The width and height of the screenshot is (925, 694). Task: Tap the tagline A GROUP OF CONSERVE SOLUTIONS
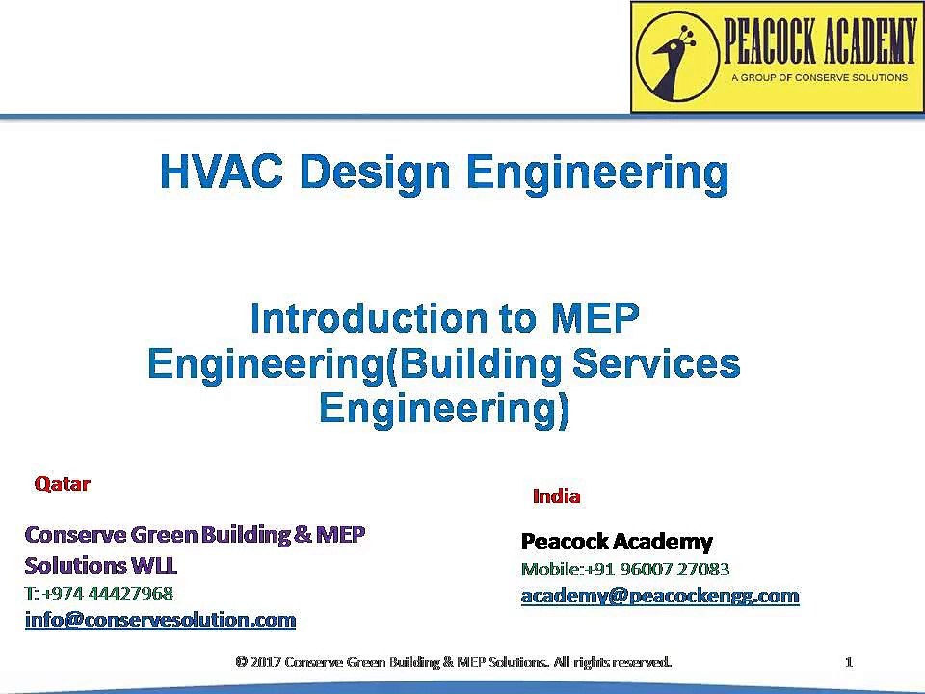[x=819, y=77]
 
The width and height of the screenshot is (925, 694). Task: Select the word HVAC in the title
[x=222, y=172]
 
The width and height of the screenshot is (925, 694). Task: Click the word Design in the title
[x=375, y=173]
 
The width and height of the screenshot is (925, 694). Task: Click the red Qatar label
[x=62, y=484]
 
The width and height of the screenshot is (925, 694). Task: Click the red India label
[x=556, y=496]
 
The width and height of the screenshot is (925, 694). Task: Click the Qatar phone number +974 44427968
[x=108, y=593]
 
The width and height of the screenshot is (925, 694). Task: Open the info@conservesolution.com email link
[x=161, y=620]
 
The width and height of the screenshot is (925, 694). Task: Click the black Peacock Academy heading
[x=617, y=541]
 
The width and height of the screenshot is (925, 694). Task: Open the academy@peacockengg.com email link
[x=660, y=596]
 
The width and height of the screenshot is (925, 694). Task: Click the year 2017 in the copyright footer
[x=265, y=662]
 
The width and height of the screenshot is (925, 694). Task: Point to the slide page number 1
[x=849, y=662]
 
